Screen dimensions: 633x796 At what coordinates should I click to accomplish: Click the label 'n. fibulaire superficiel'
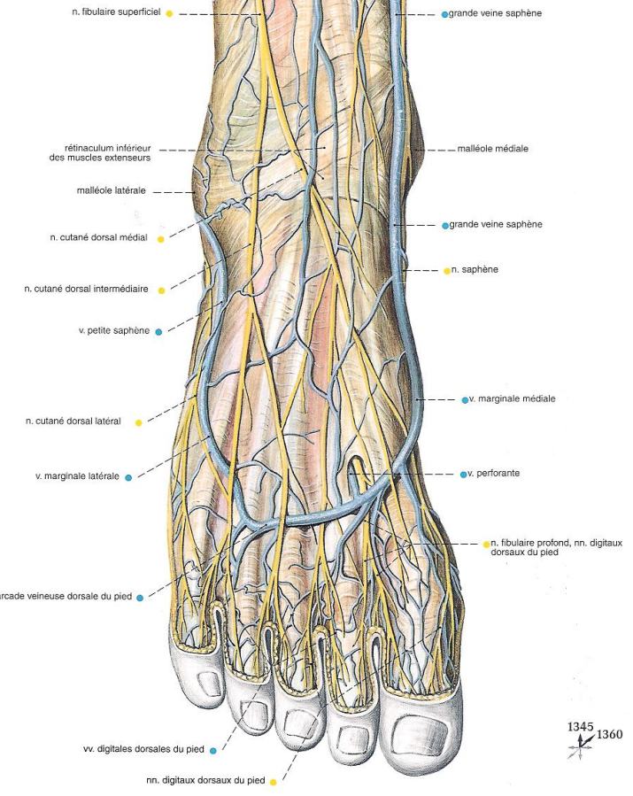point(115,14)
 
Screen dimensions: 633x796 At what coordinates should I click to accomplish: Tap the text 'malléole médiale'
point(492,149)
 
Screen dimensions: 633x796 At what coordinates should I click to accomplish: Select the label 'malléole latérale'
point(112,190)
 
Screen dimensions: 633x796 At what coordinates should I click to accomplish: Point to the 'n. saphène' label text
point(475,269)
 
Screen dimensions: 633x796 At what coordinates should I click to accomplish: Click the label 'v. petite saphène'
point(114,332)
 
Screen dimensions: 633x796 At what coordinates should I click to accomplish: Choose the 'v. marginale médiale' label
point(512,399)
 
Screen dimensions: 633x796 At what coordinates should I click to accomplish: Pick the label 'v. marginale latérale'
point(77,476)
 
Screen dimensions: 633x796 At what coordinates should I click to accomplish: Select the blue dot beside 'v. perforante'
point(463,475)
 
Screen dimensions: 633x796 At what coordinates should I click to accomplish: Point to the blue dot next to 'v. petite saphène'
point(158,332)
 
